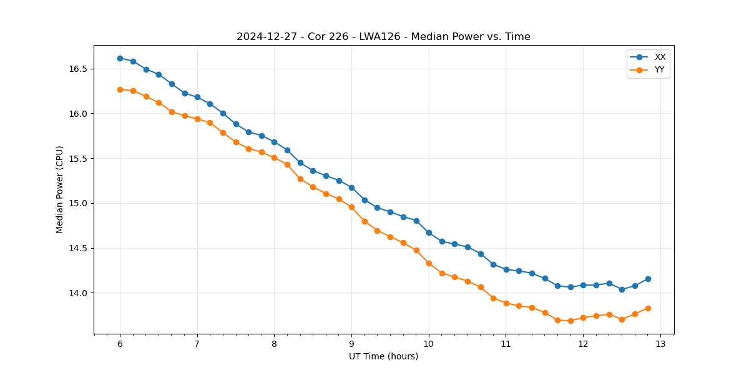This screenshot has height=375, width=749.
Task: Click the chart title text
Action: (383, 37)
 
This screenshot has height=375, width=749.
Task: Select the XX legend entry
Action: (660, 57)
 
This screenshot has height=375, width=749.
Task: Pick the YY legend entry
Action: (659, 70)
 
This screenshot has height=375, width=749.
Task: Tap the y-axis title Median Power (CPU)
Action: (60, 189)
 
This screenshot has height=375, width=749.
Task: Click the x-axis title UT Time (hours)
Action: (383, 356)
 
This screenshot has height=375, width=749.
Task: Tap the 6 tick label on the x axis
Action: (120, 344)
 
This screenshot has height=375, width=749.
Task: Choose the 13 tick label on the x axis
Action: (660, 344)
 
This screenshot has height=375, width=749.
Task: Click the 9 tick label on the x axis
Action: (351, 344)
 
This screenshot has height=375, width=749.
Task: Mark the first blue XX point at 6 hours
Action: (120, 58)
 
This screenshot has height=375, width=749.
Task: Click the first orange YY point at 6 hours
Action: (120, 89)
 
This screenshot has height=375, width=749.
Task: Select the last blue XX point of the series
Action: (648, 279)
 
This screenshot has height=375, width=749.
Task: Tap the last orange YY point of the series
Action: (648, 308)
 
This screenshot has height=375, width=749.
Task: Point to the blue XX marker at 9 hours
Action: (351, 187)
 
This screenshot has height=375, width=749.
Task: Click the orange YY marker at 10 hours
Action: (429, 263)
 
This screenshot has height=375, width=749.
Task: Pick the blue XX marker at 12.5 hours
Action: (622, 289)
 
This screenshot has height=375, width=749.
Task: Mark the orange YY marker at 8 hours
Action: (274, 157)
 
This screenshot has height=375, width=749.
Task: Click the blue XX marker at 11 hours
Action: (506, 269)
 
